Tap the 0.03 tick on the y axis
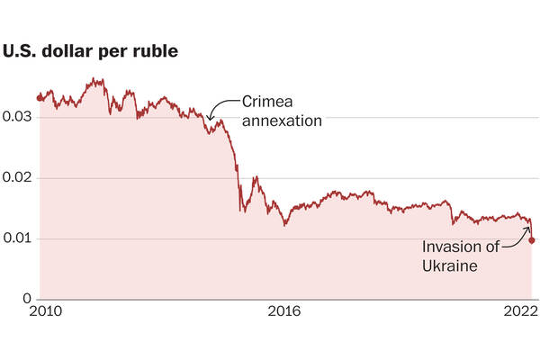[20, 118]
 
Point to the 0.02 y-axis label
[20, 178]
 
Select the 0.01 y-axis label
[20, 238]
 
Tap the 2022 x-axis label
[520, 312]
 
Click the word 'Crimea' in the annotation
[266, 102]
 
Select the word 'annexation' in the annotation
[281, 119]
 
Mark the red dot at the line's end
[532, 240]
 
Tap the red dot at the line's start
[40, 97]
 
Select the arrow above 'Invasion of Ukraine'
[520, 232]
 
